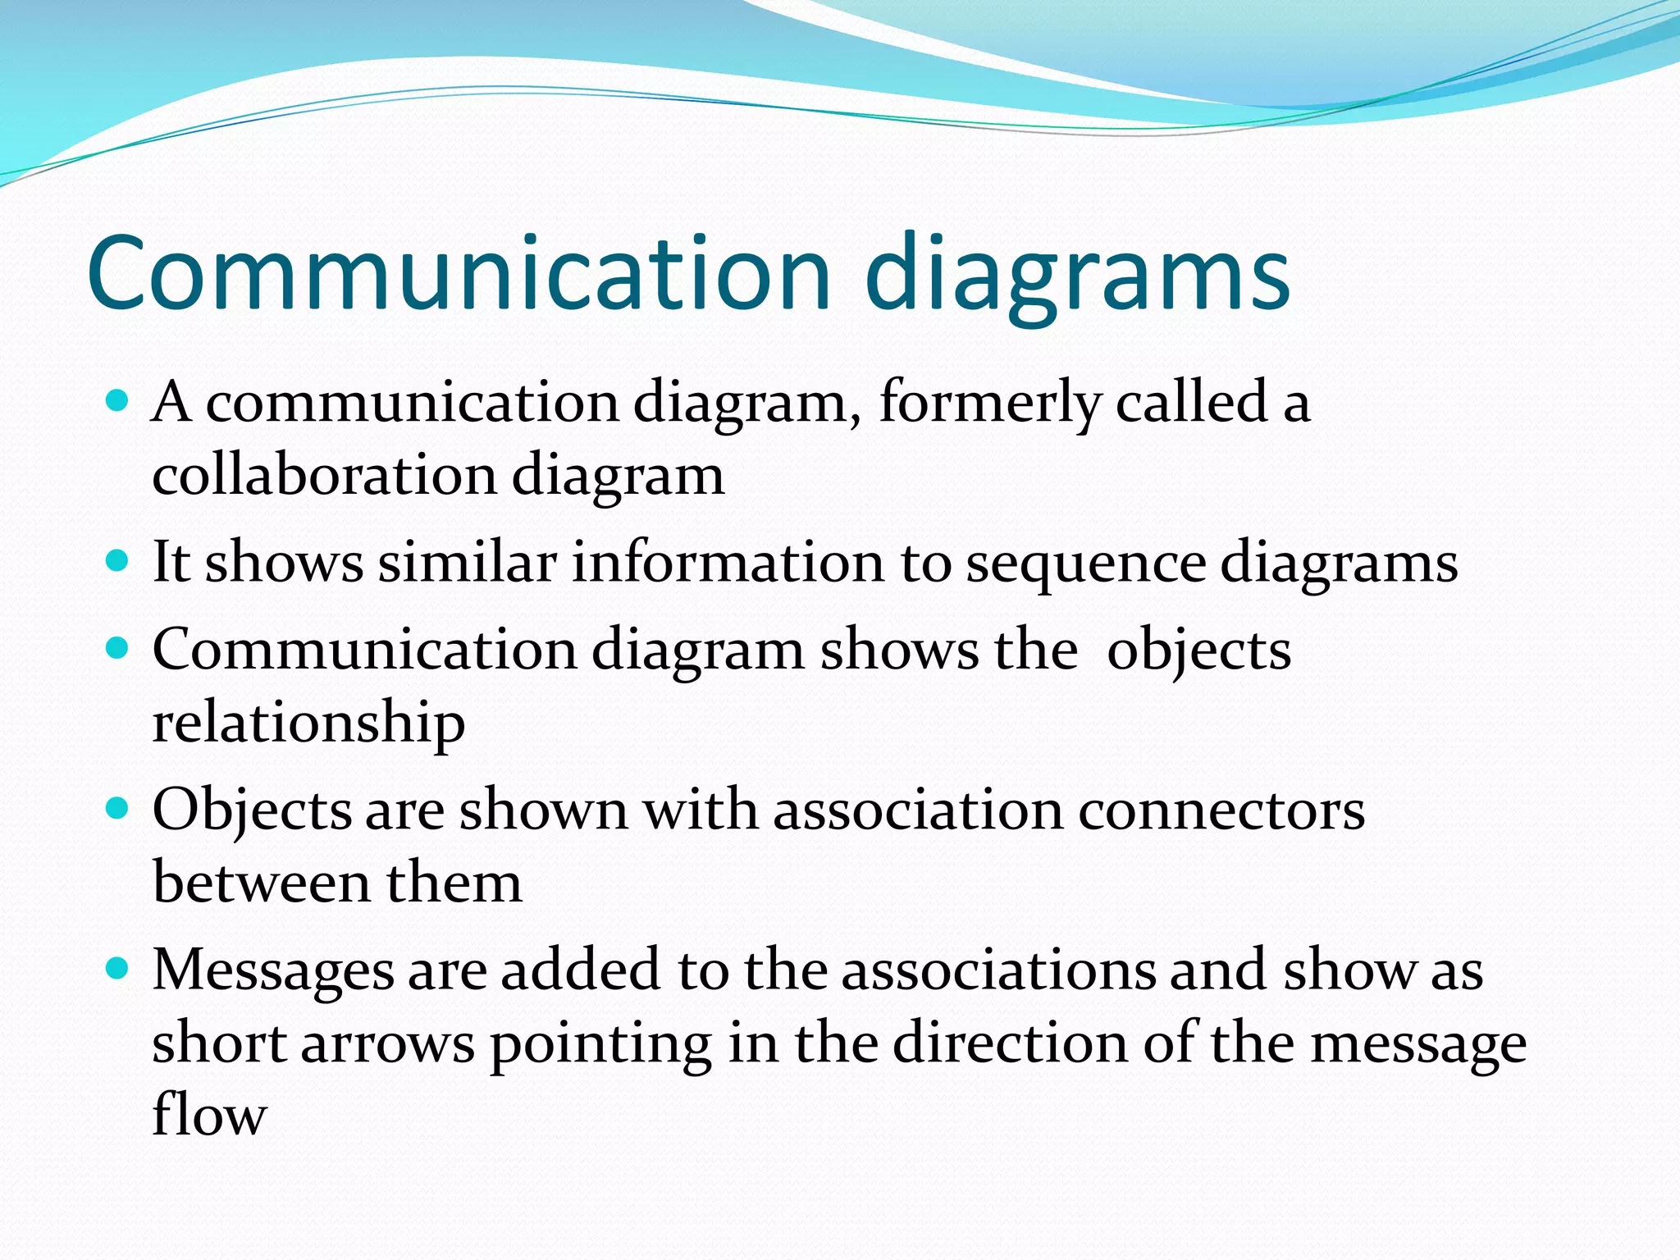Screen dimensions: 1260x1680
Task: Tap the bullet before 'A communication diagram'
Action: [118, 401]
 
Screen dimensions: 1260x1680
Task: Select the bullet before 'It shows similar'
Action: [118, 561]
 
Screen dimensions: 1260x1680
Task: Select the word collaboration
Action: [325, 476]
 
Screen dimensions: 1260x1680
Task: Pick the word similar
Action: [468, 563]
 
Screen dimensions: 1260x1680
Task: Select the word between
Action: [262, 883]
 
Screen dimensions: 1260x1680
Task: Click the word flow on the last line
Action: [209, 1116]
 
